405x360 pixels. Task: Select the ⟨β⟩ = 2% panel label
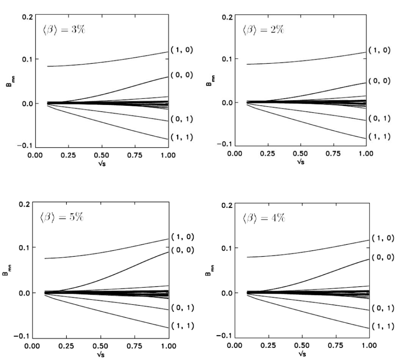(263, 31)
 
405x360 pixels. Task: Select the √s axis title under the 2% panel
(301, 162)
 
